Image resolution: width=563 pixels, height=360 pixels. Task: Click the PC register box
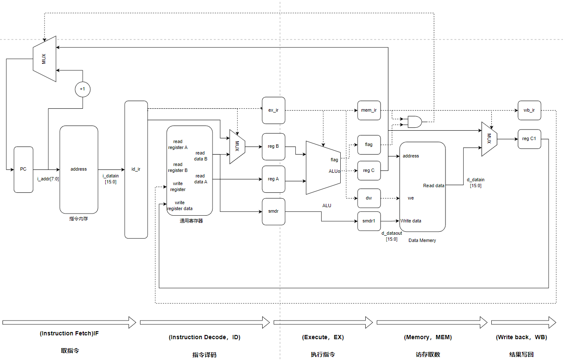23,169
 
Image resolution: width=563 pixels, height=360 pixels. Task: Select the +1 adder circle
82,89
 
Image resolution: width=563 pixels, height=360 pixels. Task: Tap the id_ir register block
136,169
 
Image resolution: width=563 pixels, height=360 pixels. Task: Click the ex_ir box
273,110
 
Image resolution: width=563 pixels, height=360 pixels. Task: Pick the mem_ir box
369,110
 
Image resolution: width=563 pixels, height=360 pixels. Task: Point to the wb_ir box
529,110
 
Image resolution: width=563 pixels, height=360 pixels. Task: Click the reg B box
273,146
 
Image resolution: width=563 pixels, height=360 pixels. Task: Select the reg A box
273,179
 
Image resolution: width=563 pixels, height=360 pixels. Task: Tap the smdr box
273,211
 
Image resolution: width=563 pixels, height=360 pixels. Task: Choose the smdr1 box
369,221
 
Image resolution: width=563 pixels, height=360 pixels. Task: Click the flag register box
369,145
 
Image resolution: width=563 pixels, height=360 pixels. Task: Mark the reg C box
369,171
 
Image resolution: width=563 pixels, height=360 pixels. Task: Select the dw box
369,198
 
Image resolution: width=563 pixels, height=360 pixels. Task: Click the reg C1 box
529,139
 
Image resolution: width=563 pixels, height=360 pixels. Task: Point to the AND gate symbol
415,122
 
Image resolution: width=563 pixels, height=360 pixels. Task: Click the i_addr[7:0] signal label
48,179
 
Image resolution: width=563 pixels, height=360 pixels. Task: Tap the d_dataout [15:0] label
391,236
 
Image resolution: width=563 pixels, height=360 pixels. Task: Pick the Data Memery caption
422,240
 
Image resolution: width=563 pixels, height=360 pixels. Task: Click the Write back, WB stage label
521,337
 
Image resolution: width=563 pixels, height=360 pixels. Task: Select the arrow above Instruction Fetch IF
69,322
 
